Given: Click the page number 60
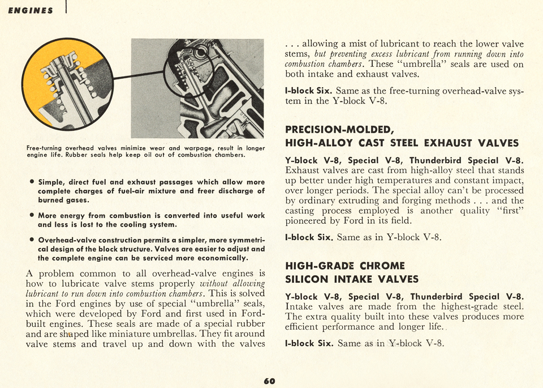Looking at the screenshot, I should [x=269, y=381].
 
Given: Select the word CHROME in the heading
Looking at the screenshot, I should [x=382, y=266].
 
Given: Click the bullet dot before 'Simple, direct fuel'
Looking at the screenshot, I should [x=31, y=182].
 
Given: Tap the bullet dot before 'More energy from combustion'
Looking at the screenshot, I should [x=31, y=216].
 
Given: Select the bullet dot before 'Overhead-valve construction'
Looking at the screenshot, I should [x=31, y=240].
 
